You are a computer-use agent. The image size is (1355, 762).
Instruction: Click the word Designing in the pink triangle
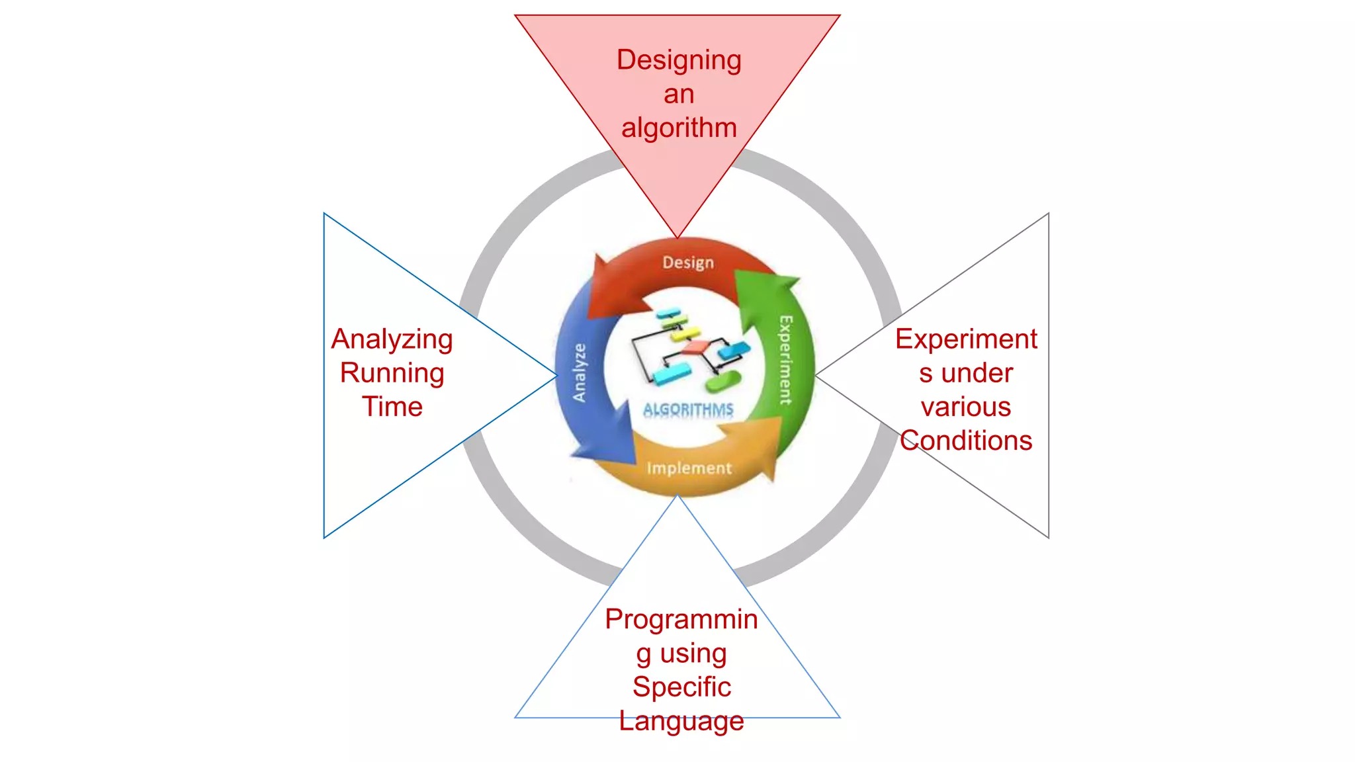point(679,60)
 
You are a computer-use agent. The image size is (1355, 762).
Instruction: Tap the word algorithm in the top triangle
point(679,128)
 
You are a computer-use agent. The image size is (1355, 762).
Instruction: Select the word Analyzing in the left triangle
point(392,339)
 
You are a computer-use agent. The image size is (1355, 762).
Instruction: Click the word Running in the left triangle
point(392,373)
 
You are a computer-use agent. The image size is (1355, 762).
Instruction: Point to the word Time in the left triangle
point(392,407)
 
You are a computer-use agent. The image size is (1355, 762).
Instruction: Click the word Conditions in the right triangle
point(966,441)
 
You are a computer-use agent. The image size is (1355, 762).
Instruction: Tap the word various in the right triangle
point(966,407)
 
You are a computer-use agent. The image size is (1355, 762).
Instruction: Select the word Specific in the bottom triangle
point(681,687)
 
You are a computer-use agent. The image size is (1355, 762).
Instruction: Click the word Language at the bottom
point(681,720)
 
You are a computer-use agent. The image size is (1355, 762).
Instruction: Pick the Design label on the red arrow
point(688,263)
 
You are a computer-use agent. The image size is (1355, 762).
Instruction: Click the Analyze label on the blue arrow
point(580,373)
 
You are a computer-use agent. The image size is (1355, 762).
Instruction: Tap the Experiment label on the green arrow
point(785,360)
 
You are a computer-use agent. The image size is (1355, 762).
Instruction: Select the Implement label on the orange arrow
point(689,468)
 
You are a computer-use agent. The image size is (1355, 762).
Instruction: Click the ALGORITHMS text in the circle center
point(688,409)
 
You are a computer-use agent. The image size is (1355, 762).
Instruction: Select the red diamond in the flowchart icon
point(696,347)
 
